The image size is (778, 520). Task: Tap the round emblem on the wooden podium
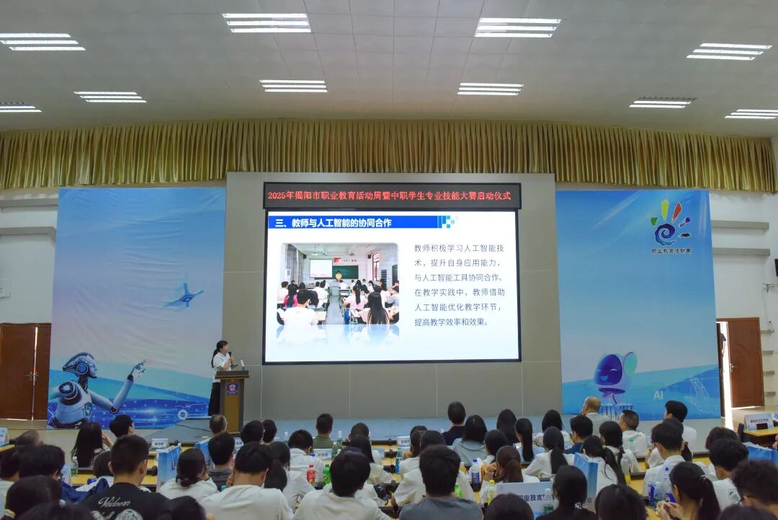pyautogui.click(x=232, y=389)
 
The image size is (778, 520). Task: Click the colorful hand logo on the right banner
pyautogui.click(x=670, y=224)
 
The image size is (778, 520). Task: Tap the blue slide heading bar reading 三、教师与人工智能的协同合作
pyautogui.click(x=353, y=222)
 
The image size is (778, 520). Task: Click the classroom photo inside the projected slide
pyautogui.click(x=339, y=293)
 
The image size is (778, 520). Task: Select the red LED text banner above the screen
pyautogui.click(x=392, y=195)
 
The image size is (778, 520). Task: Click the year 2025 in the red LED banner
pyautogui.click(x=278, y=195)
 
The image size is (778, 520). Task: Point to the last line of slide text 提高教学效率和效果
pyautogui.click(x=451, y=322)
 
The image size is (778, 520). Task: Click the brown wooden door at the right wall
pyautogui.click(x=744, y=362)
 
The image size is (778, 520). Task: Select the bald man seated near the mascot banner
pyautogui.click(x=591, y=409)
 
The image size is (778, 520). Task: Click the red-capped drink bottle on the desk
pyautogui.click(x=311, y=474)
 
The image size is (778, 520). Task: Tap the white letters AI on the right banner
pyautogui.click(x=658, y=395)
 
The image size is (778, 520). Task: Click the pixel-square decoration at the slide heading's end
pyautogui.click(x=447, y=221)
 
